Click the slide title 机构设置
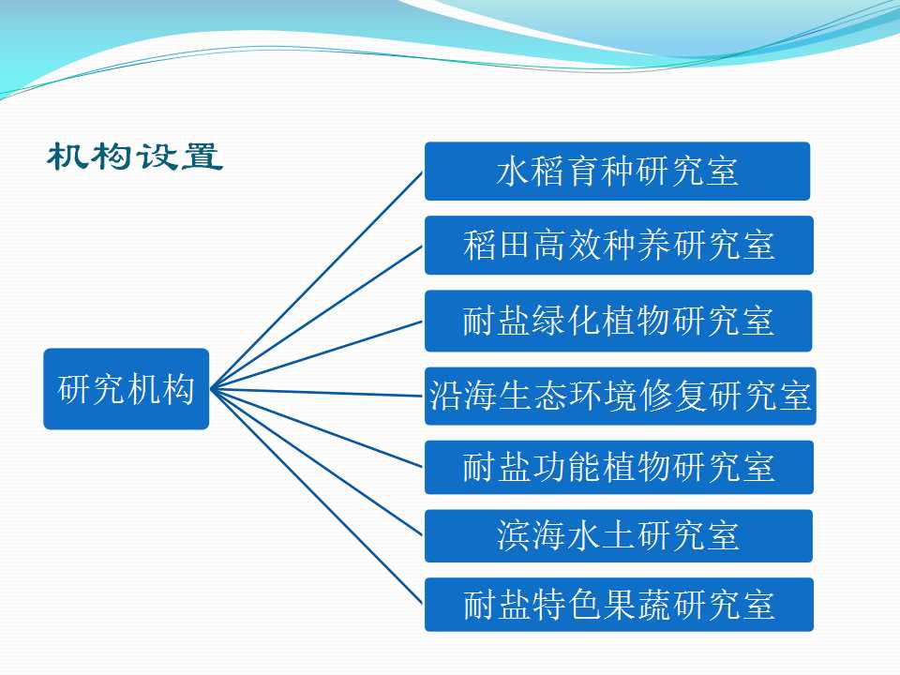pos(135,157)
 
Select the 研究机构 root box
pos(127,388)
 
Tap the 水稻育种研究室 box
pos(617,171)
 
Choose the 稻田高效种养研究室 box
pos(619,245)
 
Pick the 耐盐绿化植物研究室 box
pos(618,321)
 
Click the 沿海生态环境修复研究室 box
pos(620,396)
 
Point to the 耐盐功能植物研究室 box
pos(619,467)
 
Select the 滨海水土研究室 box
pos(618,535)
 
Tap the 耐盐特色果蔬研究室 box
pos(619,605)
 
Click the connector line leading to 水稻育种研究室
pos(317,280)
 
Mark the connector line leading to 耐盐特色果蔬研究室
pos(317,497)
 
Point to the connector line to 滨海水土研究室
pos(317,462)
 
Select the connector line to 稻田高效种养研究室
pos(317,318)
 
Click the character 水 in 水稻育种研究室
pos(513,171)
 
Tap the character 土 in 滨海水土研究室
pos(618,535)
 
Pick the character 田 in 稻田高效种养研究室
pos(514,245)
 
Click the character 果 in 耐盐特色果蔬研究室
pos(619,605)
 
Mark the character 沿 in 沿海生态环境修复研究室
pos(445,396)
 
